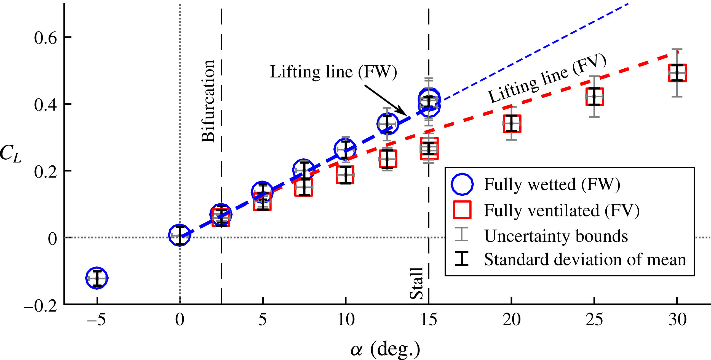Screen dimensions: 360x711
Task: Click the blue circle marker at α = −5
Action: click(97, 278)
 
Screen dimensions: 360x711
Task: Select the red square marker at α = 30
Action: click(677, 73)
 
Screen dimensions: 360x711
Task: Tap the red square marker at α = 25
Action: click(595, 96)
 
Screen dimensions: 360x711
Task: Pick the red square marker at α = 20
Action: click(512, 123)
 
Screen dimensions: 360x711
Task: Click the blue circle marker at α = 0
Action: click(180, 235)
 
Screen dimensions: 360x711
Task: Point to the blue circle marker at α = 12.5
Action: click(387, 124)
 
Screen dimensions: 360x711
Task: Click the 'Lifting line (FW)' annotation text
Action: click(333, 72)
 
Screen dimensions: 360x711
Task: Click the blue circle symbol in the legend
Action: click(462, 184)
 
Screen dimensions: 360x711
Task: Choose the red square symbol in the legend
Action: click(462, 210)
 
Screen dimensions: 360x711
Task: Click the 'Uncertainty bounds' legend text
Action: click(556, 236)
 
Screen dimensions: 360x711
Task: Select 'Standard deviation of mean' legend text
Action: click(585, 260)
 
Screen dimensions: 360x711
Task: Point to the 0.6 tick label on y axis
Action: click(46, 38)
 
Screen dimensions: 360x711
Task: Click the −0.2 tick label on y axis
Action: click(41, 306)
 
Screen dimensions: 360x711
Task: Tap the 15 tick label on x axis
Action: click(429, 320)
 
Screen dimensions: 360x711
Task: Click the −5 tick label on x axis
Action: click(96, 320)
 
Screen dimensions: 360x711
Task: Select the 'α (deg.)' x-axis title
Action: click(385, 349)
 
